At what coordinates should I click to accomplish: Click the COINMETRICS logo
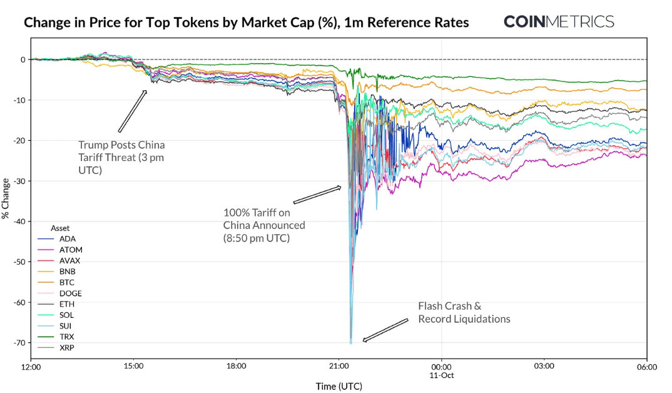pyautogui.click(x=559, y=22)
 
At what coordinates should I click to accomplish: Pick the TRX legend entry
pyautogui.click(x=66, y=337)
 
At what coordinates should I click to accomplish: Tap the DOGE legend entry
pyautogui.click(x=71, y=293)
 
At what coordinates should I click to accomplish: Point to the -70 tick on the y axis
pyautogui.click(x=19, y=343)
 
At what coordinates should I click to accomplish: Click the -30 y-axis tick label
pyautogui.click(x=19, y=181)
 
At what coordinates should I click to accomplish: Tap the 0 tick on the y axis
pyautogui.click(x=23, y=59)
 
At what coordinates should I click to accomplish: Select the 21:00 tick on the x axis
pyautogui.click(x=339, y=367)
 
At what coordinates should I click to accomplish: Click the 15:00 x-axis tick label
pyautogui.click(x=133, y=367)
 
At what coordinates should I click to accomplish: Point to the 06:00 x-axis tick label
pyautogui.click(x=646, y=367)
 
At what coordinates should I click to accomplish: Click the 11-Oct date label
pyautogui.click(x=441, y=375)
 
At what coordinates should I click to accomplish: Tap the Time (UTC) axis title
pyautogui.click(x=339, y=386)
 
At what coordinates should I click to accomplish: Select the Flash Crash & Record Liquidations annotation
pyautogui.click(x=464, y=313)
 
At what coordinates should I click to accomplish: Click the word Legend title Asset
pyautogui.click(x=61, y=228)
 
